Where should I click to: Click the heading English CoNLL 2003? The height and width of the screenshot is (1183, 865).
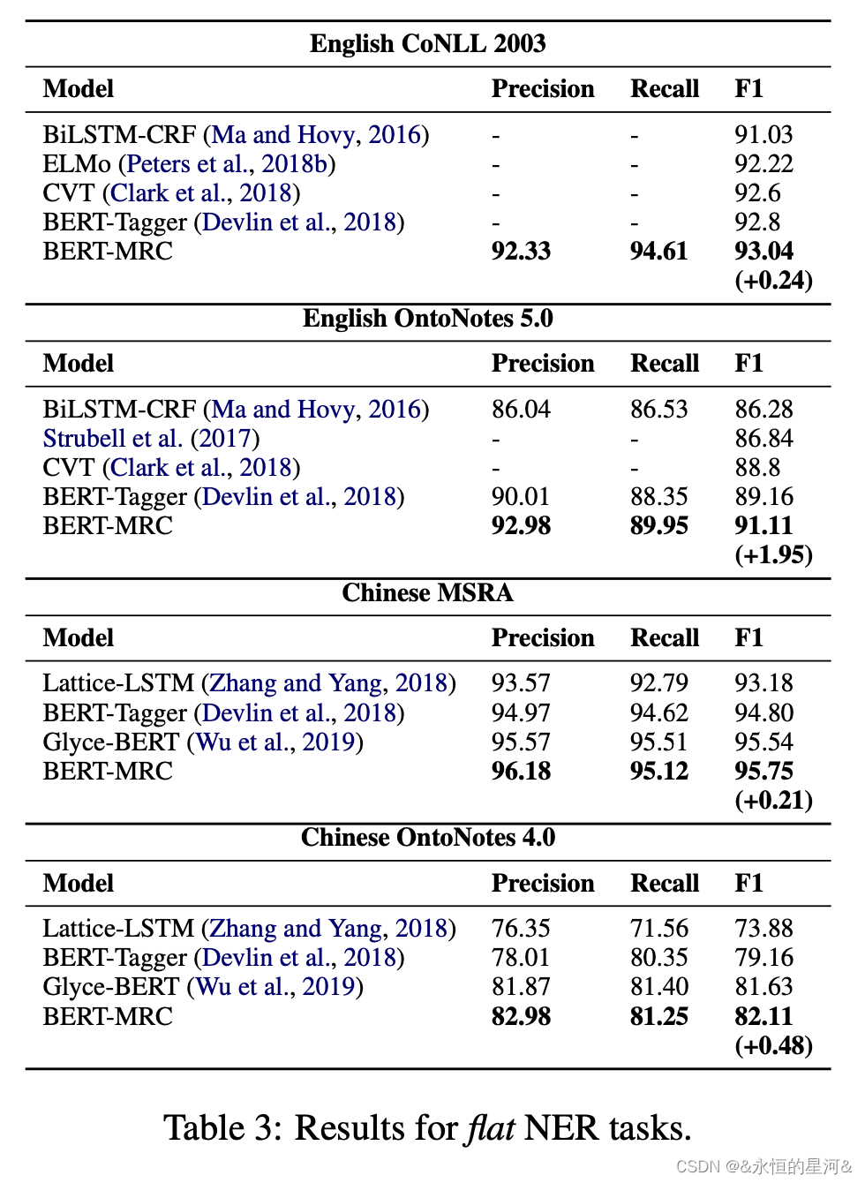[x=427, y=43]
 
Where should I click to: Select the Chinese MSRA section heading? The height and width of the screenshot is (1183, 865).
[x=427, y=592]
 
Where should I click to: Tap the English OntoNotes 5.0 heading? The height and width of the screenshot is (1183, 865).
[x=427, y=318]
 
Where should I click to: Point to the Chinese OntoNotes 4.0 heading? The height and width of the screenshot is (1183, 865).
[x=427, y=837]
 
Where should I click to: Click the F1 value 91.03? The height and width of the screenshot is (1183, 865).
[x=763, y=134]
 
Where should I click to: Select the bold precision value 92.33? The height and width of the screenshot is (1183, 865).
[x=521, y=251]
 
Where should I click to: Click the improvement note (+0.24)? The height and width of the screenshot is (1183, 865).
[x=773, y=280]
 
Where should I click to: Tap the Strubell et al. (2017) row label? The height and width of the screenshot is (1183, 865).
[x=151, y=438]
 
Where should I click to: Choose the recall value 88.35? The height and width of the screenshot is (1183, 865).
[x=658, y=496]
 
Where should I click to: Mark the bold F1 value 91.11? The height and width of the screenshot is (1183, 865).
[x=763, y=525]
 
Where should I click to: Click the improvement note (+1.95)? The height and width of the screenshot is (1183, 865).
[x=773, y=554]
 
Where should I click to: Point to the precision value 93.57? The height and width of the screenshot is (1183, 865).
[x=521, y=682]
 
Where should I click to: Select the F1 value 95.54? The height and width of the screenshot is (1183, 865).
[x=763, y=742]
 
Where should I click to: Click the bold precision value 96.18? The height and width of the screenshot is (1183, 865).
[x=521, y=771]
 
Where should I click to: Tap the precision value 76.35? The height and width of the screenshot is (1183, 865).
[x=521, y=928]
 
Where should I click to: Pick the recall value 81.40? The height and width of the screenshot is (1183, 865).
[x=658, y=986]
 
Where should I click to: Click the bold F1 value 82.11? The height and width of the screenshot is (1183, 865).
[x=763, y=1016]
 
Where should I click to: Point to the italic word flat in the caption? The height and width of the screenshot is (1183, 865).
[x=491, y=1127]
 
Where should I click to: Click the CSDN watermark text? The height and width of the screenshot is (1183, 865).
[x=763, y=1166]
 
